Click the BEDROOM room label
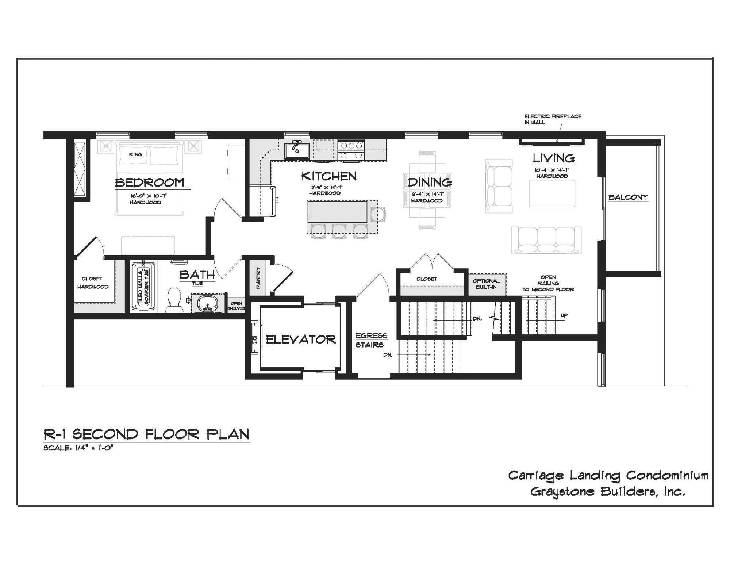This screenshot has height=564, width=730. [150, 182]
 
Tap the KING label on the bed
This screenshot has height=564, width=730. [135, 154]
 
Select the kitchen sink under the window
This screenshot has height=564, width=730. [297, 150]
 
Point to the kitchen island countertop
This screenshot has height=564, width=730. [337, 211]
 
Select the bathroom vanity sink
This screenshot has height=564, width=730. [208, 304]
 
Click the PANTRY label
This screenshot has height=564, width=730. [258, 278]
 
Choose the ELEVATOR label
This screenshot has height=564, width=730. [300, 339]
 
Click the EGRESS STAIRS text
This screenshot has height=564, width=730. [371, 340]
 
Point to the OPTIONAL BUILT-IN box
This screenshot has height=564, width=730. [486, 284]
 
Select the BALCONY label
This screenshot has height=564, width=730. [628, 197]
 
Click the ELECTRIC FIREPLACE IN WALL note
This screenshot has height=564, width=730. [553, 119]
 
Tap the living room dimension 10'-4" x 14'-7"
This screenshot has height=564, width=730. [552, 170]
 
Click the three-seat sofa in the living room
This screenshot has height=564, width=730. [546, 240]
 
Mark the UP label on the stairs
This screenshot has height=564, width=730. [564, 315]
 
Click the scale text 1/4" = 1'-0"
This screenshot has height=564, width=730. [78, 448]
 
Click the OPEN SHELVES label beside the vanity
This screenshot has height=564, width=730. [236, 306]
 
